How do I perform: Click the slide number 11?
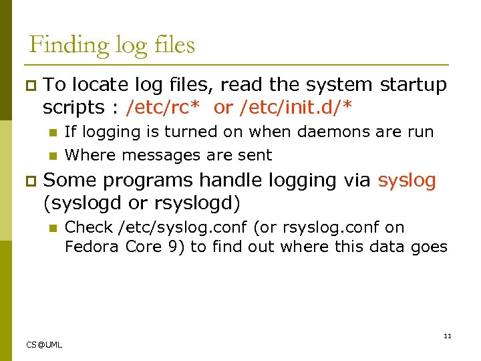[448, 336]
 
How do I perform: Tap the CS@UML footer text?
[44, 344]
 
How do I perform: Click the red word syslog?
[406, 180]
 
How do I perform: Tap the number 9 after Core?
[174, 247]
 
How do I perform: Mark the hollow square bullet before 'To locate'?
[29, 86]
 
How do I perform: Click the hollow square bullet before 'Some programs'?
[29, 181]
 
